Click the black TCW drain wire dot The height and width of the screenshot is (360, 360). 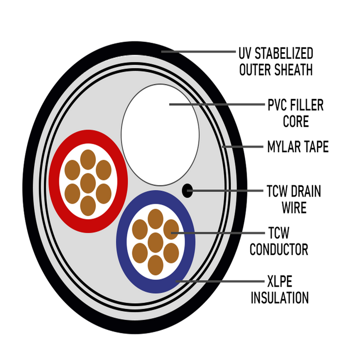[187, 190]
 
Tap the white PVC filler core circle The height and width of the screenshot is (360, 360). [160, 135]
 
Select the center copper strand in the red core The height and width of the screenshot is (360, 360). [88, 183]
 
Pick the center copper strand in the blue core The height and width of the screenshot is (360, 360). [155, 243]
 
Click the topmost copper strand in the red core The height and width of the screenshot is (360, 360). [88, 160]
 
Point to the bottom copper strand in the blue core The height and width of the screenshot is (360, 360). [155, 265]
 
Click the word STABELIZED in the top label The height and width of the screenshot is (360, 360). [284, 54]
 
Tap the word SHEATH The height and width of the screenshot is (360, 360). [291, 70]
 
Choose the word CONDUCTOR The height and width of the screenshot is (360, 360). [279, 249]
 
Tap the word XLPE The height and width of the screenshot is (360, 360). [279, 281]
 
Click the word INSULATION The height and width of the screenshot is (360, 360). [279, 297]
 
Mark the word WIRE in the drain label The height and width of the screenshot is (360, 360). [294, 207]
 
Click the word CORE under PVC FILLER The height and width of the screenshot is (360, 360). [296, 121]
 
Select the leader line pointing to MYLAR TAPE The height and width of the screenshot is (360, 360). [243, 147]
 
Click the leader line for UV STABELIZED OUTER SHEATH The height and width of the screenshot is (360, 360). [198, 52]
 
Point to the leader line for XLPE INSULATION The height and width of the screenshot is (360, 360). [220, 281]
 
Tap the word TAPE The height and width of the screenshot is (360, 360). [316, 147]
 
